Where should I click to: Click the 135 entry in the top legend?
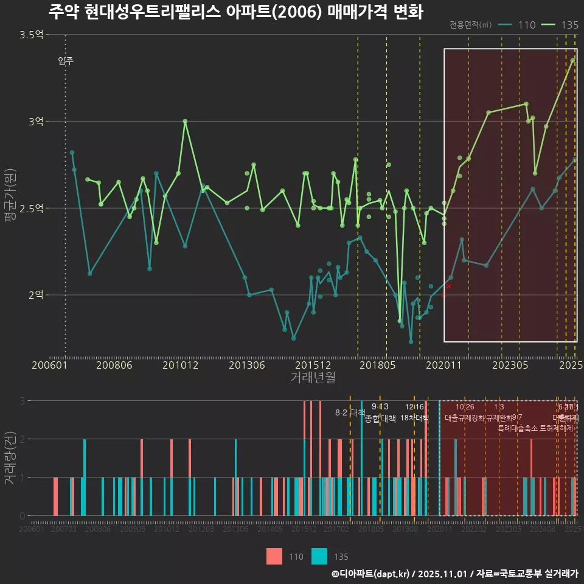tap(560, 25)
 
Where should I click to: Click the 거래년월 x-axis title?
tap(313, 377)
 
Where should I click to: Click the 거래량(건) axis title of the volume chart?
tap(10, 457)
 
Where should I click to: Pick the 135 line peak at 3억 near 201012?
tap(185, 121)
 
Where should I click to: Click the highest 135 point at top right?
tap(572, 61)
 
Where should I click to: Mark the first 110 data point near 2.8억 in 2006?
tap(72, 152)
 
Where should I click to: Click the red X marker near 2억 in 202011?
tap(449, 286)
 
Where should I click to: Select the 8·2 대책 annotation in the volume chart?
tap(350, 412)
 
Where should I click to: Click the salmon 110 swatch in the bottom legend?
tap(274, 556)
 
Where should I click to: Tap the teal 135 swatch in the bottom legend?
tap(319, 556)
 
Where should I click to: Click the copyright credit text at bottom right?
tap(454, 574)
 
